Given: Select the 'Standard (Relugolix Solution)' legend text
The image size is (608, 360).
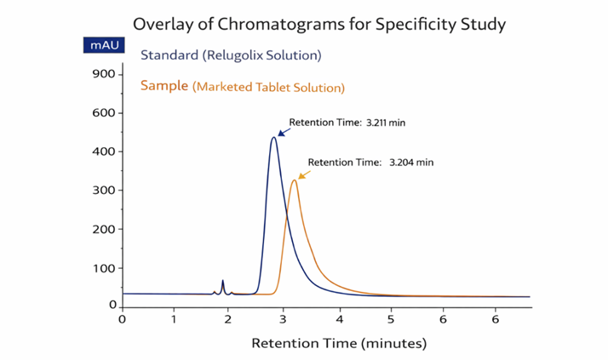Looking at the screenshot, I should pos(230,56).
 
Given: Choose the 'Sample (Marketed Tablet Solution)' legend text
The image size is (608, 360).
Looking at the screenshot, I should pos(243,86).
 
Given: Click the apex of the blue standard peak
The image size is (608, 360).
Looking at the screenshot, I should pos(273,137).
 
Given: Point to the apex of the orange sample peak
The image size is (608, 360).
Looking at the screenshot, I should pos(295,180).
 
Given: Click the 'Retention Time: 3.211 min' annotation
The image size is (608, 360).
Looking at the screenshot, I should pos(347,123).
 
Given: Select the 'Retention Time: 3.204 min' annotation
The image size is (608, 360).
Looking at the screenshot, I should pos(370,162).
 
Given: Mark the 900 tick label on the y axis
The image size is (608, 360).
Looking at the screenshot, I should pos(103,74).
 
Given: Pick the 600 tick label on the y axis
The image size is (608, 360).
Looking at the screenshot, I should pos(103,113).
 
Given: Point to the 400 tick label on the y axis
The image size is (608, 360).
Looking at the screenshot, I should pos(103,151).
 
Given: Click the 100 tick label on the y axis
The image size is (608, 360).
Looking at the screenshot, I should pos(103,268).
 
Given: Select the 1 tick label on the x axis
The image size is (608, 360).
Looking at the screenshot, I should pos(174,319).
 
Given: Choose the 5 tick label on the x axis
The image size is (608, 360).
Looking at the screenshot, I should pos(391,319).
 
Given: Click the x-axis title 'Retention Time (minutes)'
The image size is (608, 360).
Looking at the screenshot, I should pos(338,344).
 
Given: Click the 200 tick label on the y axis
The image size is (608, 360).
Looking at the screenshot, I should pos(103,229).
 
